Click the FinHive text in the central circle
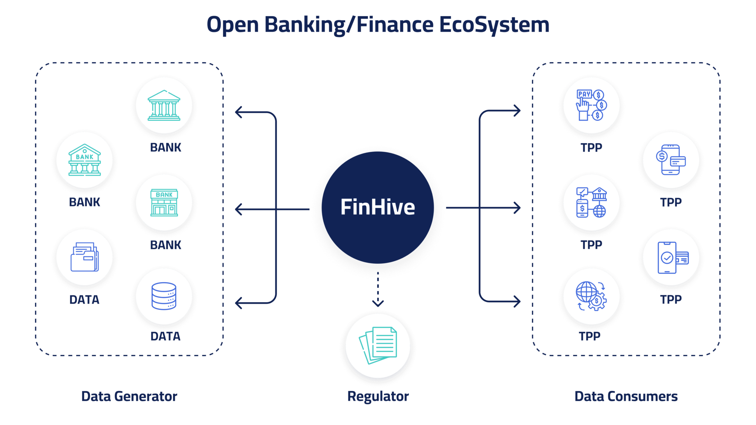378,207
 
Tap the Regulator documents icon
378,345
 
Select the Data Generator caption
129,396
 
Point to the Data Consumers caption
626,396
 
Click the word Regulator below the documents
378,396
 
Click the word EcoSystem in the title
494,25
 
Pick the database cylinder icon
164,296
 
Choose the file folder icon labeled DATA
85,257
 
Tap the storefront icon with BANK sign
164,203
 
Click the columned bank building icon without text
164,105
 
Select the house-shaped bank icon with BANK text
85,160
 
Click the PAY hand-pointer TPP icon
591,105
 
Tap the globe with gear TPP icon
591,296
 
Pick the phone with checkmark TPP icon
671,257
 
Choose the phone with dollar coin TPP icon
671,160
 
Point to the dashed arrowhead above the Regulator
378,303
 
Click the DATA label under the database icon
165,336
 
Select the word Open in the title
233,25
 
